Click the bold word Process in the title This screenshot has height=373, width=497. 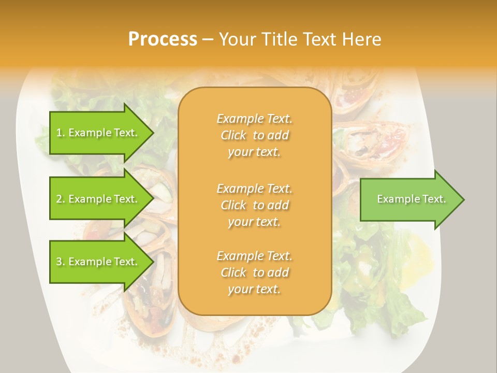click(163, 39)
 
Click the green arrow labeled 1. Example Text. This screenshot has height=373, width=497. click(98, 133)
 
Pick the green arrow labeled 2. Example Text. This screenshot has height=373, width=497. click(98, 199)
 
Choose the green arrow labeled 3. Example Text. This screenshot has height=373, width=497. click(98, 262)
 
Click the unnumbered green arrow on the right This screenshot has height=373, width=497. click(409, 199)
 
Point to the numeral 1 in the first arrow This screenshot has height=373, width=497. click(59, 133)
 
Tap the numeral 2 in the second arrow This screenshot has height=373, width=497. click(59, 199)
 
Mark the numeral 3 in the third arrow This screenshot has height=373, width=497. click(59, 262)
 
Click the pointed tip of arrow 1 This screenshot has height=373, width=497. click(152, 133)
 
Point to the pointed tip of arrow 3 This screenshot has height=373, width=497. click(152, 262)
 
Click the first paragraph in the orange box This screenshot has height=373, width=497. click(255, 135)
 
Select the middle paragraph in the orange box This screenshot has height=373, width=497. click(255, 205)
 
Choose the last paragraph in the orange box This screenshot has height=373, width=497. click(255, 272)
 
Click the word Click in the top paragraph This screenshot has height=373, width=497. click(233, 135)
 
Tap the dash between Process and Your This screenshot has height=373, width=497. click(208, 40)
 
